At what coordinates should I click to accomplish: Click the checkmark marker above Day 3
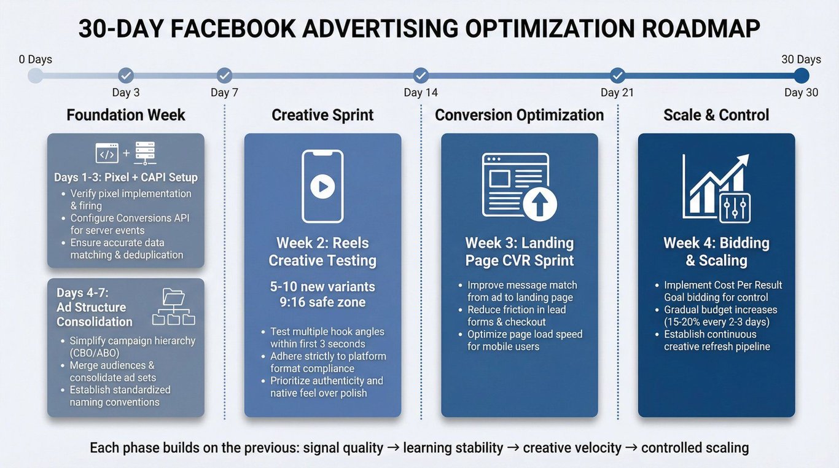[x=126, y=76]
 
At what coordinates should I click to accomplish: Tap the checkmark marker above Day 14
[x=421, y=76]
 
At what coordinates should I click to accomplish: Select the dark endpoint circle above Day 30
[x=801, y=76]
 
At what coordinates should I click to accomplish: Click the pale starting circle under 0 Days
[x=36, y=76]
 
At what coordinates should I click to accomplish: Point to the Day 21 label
[x=617, y=93]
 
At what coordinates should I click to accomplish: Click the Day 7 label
[x=224, y=93]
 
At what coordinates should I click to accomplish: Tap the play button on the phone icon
[x=322, y=186]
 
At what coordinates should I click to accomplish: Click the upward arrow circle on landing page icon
[x=540, y=204]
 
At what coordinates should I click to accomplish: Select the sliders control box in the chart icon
[x=735, y=208]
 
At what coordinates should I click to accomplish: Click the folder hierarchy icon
[x=173, y=306]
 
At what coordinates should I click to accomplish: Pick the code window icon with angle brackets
[x=107, y=153]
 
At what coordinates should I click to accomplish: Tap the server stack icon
[x=145, y=153]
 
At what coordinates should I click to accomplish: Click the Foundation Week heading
[x=126, y=115]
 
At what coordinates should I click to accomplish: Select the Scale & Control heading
[x=716, y=115]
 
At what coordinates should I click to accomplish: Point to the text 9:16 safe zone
[x=322, y=302]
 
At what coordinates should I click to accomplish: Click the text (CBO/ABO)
[x=95, y=353]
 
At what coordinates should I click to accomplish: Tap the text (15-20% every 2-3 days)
[x=717, y=322]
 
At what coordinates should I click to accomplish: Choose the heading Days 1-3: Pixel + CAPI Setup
[x=126, y=177]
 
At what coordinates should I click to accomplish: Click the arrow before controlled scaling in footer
[x=631, y=447]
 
